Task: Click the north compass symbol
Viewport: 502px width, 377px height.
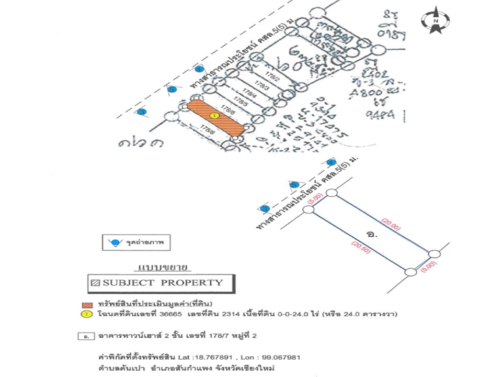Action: tap(436, 20)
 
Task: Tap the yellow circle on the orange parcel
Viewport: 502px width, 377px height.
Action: tap(213, 116)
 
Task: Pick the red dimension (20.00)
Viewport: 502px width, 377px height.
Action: tap(391, 227)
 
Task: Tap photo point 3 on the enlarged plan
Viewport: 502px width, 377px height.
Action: tap(265, 208)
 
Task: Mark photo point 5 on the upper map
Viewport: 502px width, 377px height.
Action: tap(171, 90)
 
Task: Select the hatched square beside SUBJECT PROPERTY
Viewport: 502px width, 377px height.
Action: tap(95, 283)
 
